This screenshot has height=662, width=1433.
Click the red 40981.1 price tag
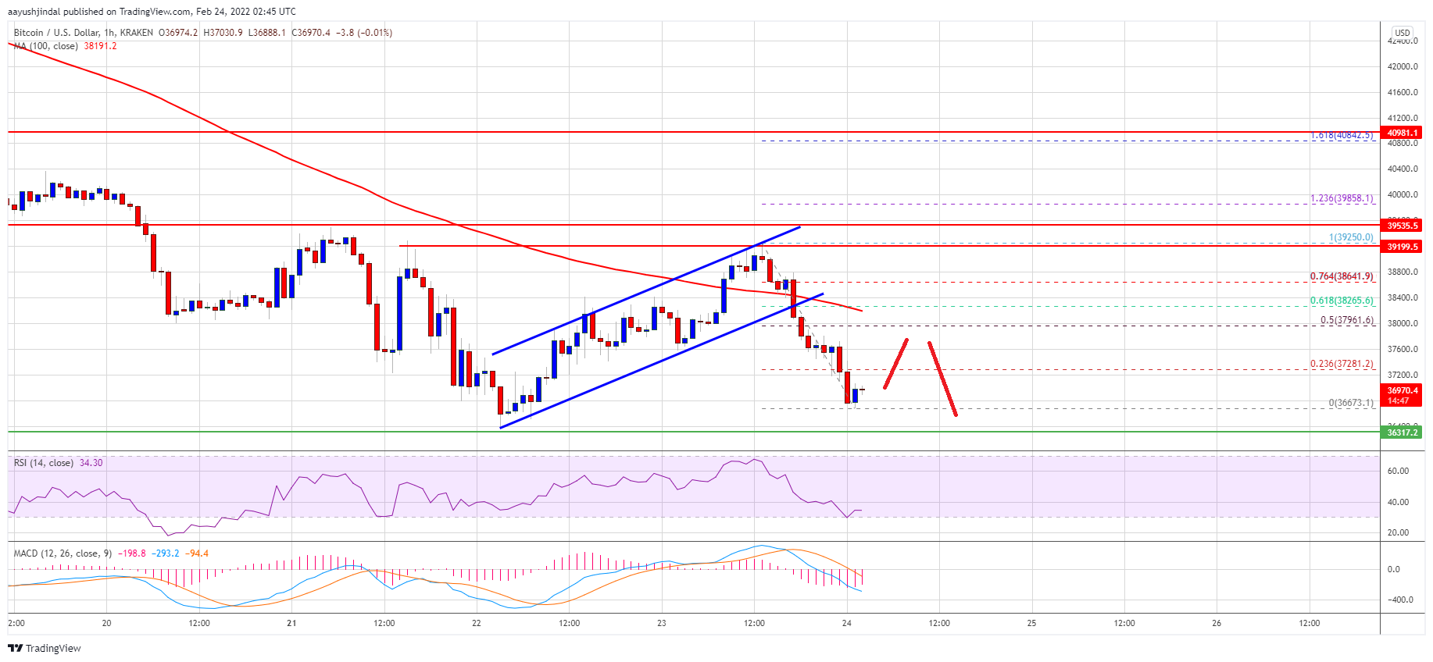pos(1402,133)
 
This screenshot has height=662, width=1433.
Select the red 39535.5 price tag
pos(1402,226)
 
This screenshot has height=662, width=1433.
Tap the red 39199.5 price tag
pos(1402,247)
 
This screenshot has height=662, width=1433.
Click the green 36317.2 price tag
pos(1402,432)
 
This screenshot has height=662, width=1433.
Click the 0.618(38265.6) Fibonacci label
pos(1341,301)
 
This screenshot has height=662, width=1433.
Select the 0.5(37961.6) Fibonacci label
pos(1346,320)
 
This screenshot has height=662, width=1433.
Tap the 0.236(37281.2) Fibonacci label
pos(1341,364)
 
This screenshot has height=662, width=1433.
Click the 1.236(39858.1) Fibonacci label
pos(1341,198)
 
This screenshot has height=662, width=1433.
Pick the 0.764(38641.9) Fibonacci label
pos(1341,276)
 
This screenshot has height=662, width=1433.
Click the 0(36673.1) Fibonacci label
pos(1350,404)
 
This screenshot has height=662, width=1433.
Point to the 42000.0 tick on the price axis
pos(1402,66)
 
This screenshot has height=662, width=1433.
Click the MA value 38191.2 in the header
pos(100,46)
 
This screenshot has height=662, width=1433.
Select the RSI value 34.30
pos(91,463)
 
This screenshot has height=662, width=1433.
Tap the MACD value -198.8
pos(133,553)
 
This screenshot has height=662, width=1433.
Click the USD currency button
pos(1402,33)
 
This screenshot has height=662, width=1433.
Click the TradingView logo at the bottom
pos(45,648)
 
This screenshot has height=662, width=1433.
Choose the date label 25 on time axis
pos(1031,623)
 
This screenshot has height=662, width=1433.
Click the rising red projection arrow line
pos(895,364)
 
